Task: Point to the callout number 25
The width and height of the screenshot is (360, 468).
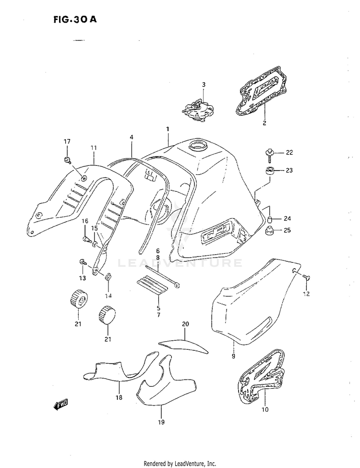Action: (288, 230)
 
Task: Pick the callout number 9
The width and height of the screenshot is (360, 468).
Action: (233, 357)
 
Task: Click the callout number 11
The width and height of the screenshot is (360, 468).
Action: (94, 147)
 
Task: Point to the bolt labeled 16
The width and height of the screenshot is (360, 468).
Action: (86, 239)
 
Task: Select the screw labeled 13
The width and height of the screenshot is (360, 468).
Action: (82, 262)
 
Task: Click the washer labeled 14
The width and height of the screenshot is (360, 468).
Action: (109, 277)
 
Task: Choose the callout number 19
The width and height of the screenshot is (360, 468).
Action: (161, 422)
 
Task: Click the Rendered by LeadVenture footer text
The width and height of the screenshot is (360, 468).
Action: (180, 464)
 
